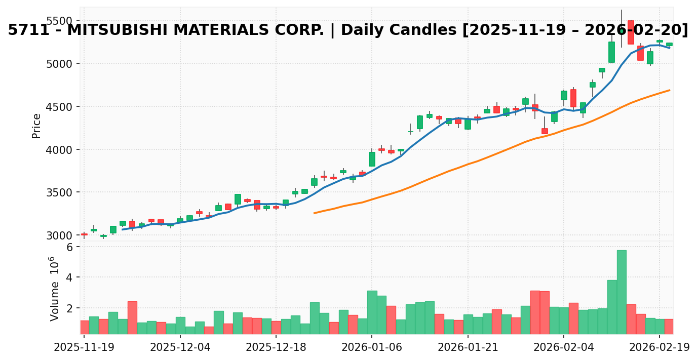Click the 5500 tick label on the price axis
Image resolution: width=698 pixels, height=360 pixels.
(x=59, y=21)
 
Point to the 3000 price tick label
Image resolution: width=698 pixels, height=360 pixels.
(x=59, y=235)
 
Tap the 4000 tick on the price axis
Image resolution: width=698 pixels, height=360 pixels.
(x=59, y=150)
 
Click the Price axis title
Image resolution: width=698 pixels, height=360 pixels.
(x=36, y=126)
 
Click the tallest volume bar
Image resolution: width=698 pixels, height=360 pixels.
(x=622, y=292)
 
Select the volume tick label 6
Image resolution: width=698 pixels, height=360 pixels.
(x=69, y=247)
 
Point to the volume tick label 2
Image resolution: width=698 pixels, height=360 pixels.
(x=69, y=308)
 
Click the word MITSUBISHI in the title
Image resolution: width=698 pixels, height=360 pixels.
(x=121, y=30)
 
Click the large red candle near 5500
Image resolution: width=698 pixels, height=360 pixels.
(x=631, y=32)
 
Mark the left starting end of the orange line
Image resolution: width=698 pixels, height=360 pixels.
(x=314, y=213)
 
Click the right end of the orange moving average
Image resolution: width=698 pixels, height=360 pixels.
(x=670, y=90)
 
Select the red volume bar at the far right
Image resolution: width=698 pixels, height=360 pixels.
(x=669, y=327)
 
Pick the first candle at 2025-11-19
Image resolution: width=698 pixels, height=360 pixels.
(x=84, y=234)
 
